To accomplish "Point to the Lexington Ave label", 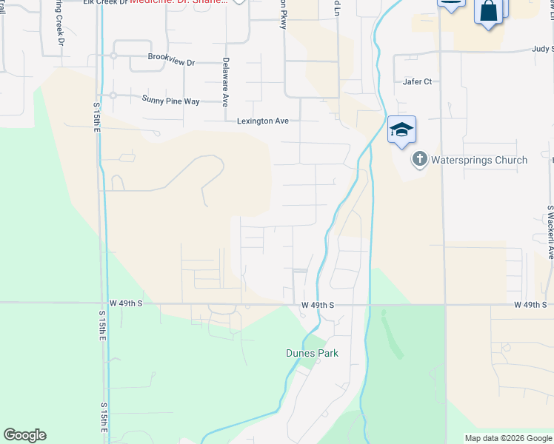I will coord(262,121).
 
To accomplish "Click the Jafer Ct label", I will coord(418,82).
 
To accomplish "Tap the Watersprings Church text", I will coord(479,160).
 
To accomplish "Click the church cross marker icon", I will coord(419,159).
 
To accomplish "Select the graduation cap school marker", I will coord(401,130).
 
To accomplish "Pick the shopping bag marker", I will coord(489,12).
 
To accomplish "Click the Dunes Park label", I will coord(312,353).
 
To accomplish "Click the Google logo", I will coord(24,435).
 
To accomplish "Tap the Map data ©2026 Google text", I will coord(508,438).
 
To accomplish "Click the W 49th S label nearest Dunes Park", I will coord(318,305).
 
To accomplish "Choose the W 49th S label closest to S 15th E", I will coord(125,303).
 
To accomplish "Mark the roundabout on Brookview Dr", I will coord(113,55).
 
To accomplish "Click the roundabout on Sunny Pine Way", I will coord(113,95).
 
